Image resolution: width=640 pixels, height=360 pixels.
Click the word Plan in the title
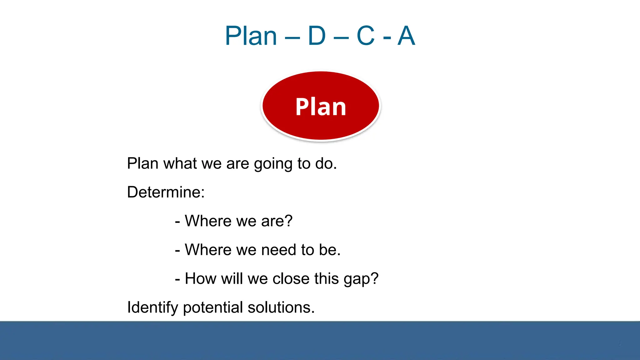pos(251,36)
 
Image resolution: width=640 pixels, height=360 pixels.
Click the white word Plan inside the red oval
pos(321,107)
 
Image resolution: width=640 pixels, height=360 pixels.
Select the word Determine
pos(165,192)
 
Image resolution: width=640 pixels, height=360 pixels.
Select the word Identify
pos(152,307)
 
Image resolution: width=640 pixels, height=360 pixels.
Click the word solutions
pos(281,307)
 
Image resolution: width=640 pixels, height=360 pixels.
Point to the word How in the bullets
pos(200,278)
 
